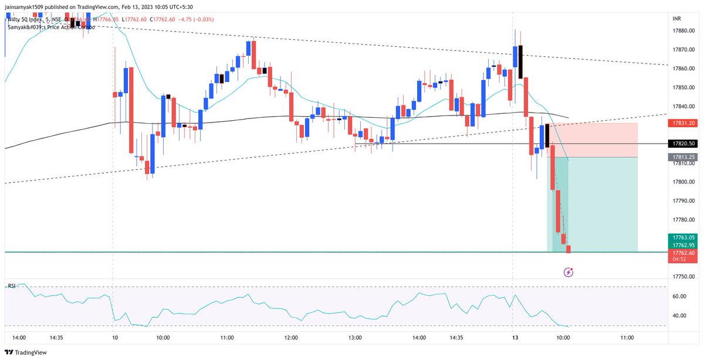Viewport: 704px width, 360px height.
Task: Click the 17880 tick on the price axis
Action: [x=681, y=31]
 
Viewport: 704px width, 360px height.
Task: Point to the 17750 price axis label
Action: [x=681, y=276]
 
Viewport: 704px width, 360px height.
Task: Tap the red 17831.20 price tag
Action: [x=683, y=123]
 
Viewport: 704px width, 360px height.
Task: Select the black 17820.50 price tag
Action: [x=683, y=143]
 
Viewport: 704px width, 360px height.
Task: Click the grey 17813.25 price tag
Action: [x=683, y=157]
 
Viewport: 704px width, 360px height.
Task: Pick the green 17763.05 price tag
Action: [x=683, y=237]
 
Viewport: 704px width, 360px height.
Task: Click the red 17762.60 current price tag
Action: [x=683, y=253]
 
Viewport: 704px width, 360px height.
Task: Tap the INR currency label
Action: [x=677, y=18]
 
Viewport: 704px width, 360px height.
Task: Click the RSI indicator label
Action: [x=12, y=286]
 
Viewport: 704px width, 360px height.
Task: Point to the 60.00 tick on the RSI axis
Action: [x=680, y=297]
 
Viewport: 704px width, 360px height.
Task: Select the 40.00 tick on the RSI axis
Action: [x=680, y=315]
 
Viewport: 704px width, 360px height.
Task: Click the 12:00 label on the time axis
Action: [x=291, y=338]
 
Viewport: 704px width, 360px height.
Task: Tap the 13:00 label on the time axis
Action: [x=355, y=338]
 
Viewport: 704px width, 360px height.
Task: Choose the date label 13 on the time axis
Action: [x=513, y=338]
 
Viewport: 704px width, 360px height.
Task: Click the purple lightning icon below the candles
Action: [x=568, y=272]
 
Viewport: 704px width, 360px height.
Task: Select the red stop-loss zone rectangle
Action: [x=593, y=140]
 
